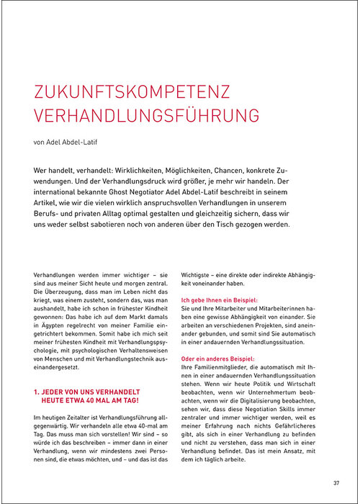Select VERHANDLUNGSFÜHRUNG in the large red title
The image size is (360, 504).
[136, 117]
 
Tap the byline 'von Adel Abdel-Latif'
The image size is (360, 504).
[69, 142]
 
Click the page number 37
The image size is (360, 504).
[336, 482]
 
